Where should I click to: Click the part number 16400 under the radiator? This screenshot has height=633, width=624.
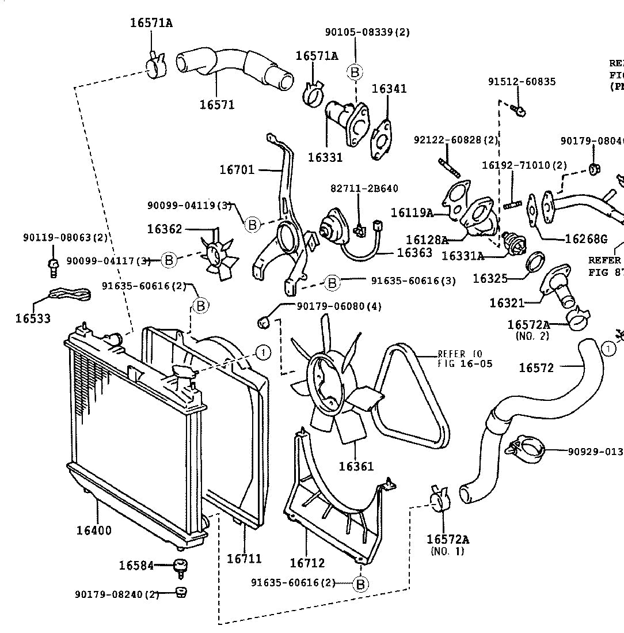point(94,530)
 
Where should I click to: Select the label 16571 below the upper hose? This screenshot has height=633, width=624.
point(217,105)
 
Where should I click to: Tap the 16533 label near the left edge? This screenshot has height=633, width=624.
point(33,318)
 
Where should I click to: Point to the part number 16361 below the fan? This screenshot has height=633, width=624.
point(356,466)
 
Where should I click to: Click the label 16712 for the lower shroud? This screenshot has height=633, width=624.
point(307,563)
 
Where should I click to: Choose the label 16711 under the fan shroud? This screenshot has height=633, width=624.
point(244,558)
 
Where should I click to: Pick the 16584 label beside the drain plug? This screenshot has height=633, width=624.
point(136,566)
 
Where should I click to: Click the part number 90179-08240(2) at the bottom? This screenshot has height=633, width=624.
point(116,594)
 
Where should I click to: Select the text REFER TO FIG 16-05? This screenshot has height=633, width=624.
point(465,359)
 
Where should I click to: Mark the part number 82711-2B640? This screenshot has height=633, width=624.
point(364,188)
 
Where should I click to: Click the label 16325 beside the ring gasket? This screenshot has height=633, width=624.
point(490,279)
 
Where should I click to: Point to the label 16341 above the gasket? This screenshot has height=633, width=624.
point(389,89)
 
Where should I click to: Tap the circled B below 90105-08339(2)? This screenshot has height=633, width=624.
point(355,71)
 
